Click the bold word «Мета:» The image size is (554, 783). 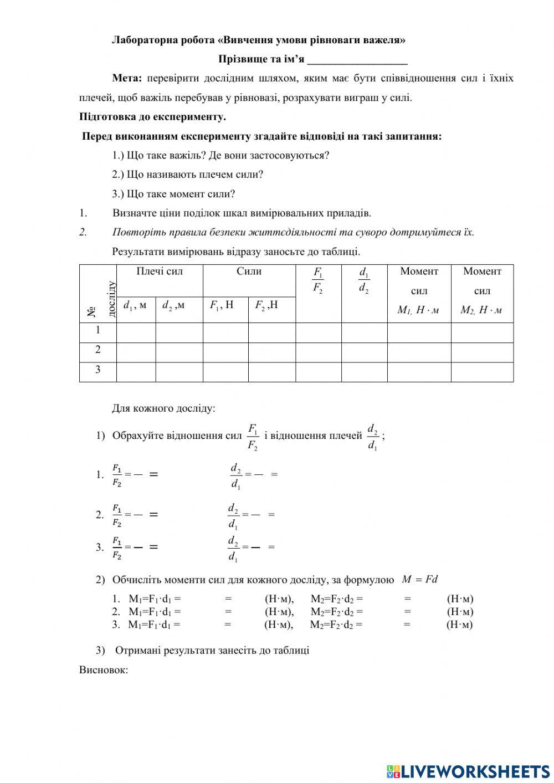tap(127, 78)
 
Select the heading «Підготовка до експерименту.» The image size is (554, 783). tap(152, 117)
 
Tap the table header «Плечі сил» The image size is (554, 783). tap(160, 272)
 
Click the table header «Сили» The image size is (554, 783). tap(249, 272)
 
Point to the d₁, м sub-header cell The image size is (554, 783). tap(135, 305)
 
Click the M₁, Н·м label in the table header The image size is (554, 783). tap(418, 310)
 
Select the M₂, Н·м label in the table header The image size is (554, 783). tap(481, 310)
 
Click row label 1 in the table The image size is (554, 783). tap(98, 330)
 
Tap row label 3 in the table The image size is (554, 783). tap(98, 370)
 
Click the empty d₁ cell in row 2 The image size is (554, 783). tap(136, 350)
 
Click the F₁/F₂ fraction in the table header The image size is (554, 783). tap(318, 280)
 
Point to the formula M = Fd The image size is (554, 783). tap(419, 580)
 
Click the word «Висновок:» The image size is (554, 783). tap(104, 670)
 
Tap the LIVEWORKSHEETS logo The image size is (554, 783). tap(468, 771)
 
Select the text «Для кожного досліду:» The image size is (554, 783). tap(163, 409)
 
